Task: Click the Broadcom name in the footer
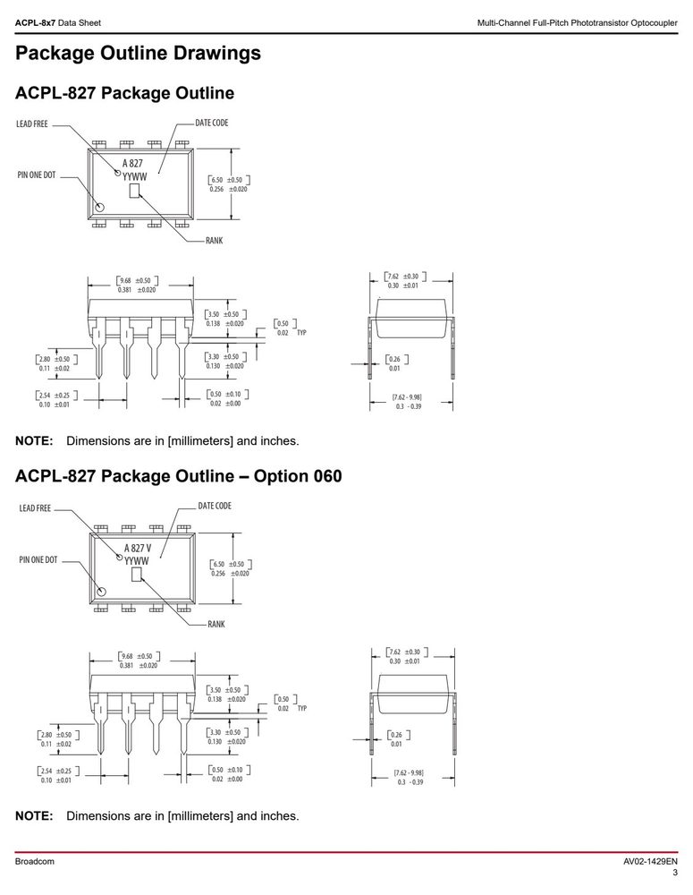[34, 861]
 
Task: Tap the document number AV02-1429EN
[650, 861]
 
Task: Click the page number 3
[675, 873]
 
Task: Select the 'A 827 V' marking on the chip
[138, 548]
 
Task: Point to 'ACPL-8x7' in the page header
[36, 23]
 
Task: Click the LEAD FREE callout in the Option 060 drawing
[35, 508]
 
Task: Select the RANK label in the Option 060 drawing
[216, 625]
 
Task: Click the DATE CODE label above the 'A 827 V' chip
[215, 506]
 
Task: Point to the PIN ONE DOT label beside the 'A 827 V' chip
[38, 560]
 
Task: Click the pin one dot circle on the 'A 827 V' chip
[103, 591]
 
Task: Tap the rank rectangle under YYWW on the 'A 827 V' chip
[136, 575]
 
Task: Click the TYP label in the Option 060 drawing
[302, 708]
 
